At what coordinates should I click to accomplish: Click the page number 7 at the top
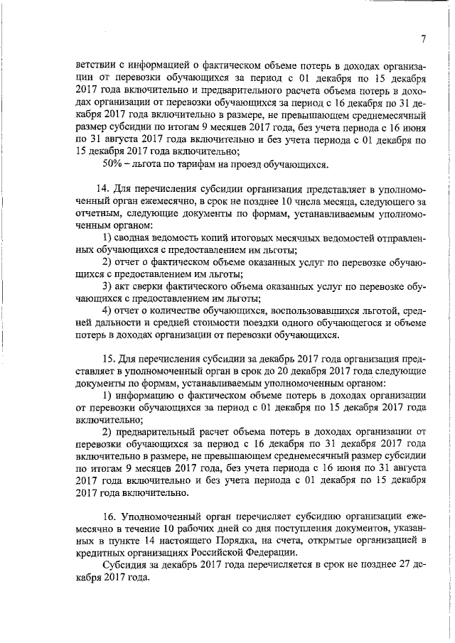pyautogui.click(x=422, y=40)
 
